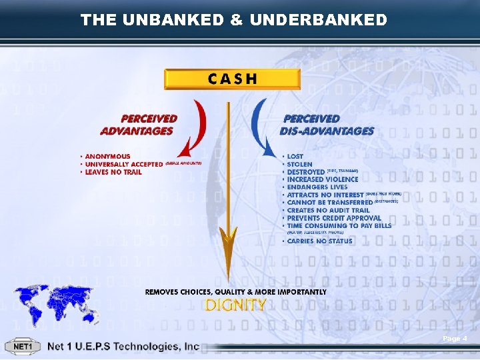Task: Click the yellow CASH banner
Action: point(232,79)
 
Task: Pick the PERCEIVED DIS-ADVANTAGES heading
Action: point(327,125)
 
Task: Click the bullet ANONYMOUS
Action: point(107,156)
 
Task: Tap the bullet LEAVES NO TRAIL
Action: point(113,172)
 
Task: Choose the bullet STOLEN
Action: point(299,164)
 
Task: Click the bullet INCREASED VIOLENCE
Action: point(323,179)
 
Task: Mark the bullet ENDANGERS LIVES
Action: point(317,187)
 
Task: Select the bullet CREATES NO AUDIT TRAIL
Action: point(329,210)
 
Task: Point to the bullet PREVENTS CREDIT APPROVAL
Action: point(334,218)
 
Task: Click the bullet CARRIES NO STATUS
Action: point(319,241)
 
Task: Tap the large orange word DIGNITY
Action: point(236,305)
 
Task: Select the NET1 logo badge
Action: point(23,347)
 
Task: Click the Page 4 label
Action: point(455,339)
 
